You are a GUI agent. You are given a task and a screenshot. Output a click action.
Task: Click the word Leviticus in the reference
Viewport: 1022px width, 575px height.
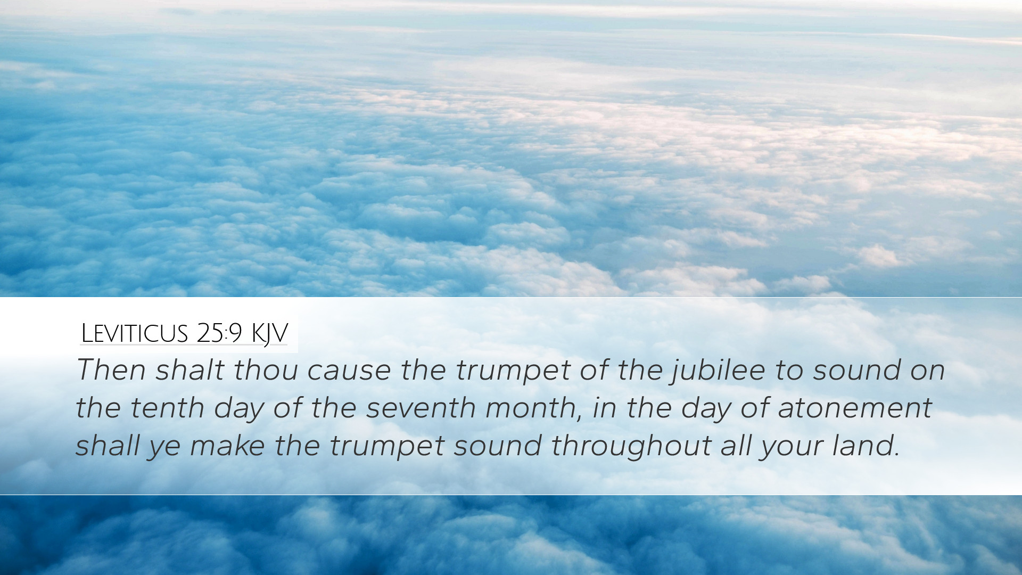pyautogui.click(x=134, y=333)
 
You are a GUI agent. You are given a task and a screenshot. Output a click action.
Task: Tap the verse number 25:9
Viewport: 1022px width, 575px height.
pyautogui.click(x=219, y=333)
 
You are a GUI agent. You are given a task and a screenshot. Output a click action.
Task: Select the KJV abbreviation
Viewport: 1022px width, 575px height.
pyautogui.click(x=269, y=334)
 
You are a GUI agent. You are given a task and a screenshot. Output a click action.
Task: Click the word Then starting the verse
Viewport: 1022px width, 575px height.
pyautogui.click(x=111, y=369)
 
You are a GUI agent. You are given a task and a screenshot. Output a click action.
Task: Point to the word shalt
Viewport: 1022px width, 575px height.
pyautogui.click(x=189, y=369)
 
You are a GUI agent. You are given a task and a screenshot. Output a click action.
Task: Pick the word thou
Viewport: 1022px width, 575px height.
pyautogui.click(x=266, y=369)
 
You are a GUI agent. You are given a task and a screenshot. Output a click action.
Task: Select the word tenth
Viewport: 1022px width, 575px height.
pyautogui.click(x=167, y=407)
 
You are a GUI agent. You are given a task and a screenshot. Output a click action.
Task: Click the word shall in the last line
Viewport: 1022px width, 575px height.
pyautogui.click(x=108, y=445)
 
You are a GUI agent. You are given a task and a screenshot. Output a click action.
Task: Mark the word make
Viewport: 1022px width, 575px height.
pyautogui.click(x=227, y=445)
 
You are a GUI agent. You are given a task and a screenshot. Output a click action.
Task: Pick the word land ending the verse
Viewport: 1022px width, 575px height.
pyautogui.click(x=866, y=445)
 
